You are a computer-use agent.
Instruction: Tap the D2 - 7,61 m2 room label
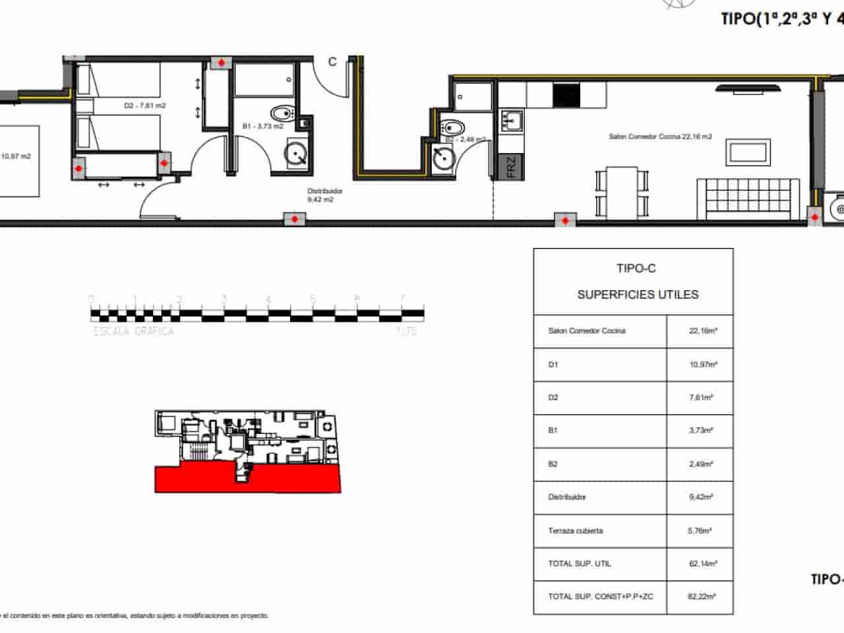tap(144, 105)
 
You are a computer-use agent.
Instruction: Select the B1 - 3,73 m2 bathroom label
tap(262, 125)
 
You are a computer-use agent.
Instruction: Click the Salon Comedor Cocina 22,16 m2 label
tap(660, 136)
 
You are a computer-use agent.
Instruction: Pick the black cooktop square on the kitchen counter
tap(564, 96)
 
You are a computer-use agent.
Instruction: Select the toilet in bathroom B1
tap(282, 113)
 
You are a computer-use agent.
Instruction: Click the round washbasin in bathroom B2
tap(442, 158)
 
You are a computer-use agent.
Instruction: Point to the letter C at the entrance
tap(332, 61)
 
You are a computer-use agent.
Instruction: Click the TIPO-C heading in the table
tap(636, 268)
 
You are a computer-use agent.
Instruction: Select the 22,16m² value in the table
tap(703, 331)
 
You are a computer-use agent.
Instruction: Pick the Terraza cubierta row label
tap(575, 531)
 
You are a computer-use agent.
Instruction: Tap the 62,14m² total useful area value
tap(703, 564)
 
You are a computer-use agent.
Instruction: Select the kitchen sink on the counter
tap(512, 120)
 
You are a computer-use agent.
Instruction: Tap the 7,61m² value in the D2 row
tap(702, 398)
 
